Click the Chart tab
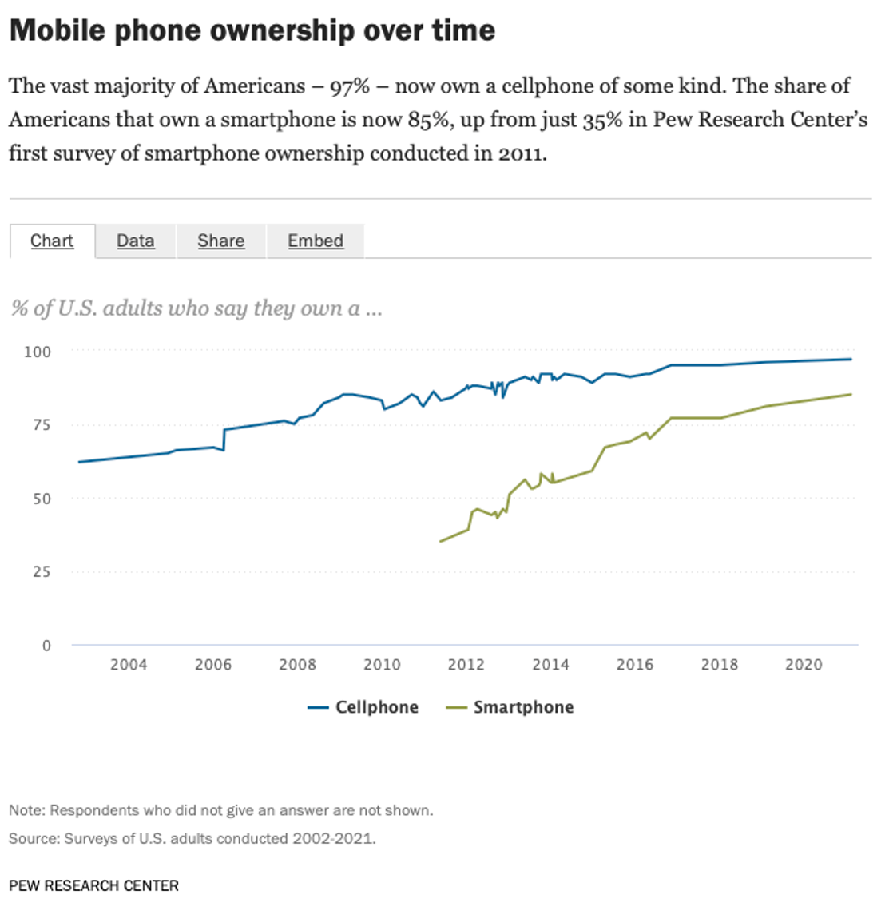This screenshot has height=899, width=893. (52, 241)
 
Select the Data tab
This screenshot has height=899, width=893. (135, 241)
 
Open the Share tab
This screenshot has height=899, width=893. (220, 241)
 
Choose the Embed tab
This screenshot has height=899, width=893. (316, 241)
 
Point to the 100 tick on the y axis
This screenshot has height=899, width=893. (37, 352)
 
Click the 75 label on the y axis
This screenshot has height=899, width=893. (41, 425)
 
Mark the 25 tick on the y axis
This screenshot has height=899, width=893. (41, 572)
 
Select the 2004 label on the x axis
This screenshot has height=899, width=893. (129, 665)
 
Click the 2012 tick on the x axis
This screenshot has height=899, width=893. (466, 665)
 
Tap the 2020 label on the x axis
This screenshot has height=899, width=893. (804, 665)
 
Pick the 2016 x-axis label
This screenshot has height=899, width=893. (635, 665)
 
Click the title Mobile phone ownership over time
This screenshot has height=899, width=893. (252, 30)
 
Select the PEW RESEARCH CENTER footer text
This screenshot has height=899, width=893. (93, 885)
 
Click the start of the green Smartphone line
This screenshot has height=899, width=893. (441, 542)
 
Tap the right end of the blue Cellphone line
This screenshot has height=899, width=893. (851, 359)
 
